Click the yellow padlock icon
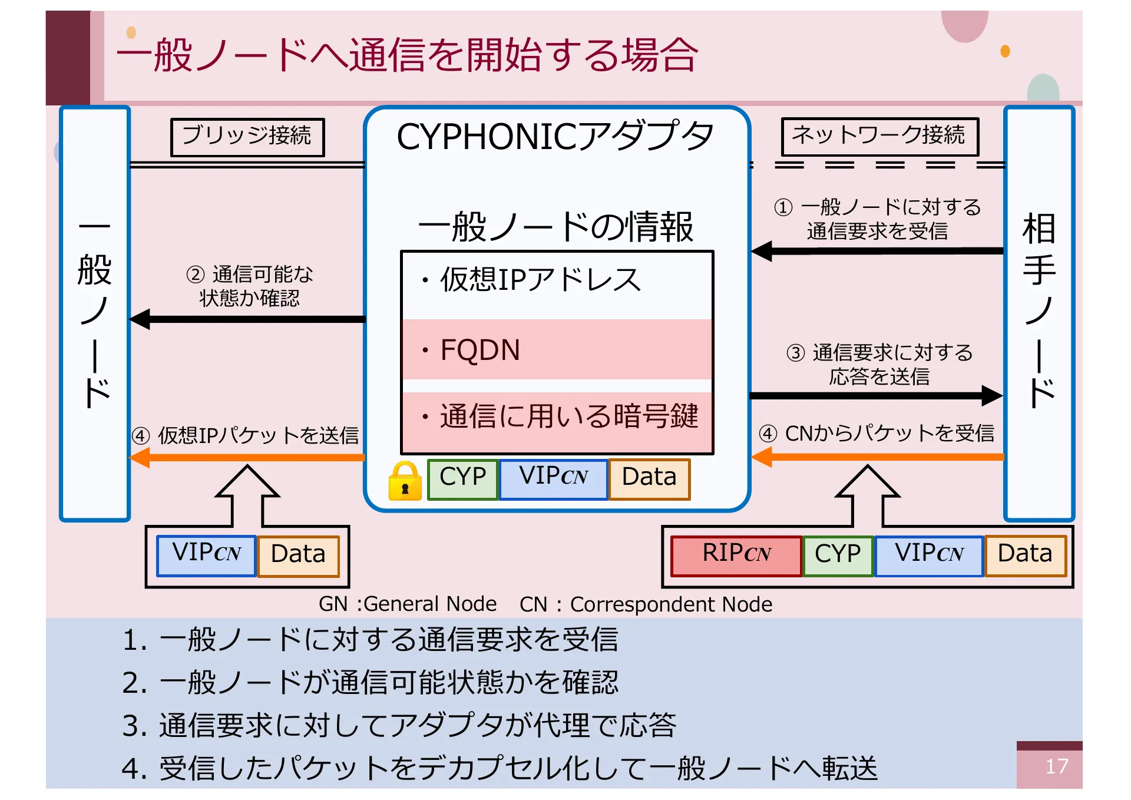(x=405, y=481)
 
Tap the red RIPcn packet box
(x=736, y=555)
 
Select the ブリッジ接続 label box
(x=247, y=137)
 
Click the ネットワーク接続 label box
(x=879, y=136)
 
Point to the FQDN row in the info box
(x=557, y=350)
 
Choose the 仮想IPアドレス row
(x=557, y=280)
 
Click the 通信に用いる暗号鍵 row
(x=557, y=416)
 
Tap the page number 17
(x=1056, y=766)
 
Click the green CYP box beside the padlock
(x=462, y=478)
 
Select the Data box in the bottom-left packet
(x=298, y=555)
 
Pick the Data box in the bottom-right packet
(x=1025, y=555)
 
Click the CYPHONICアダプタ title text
(x=555, y=137)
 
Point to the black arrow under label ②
(x=247, y=319)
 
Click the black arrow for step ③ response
(x=876, y=395)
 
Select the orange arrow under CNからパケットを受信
(x=878, y=457)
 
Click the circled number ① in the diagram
(x=783, y=207)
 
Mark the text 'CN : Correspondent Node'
(x=646, y=604)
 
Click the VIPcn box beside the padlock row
(x=553, y=478)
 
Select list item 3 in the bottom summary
(x=399, y=725)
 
